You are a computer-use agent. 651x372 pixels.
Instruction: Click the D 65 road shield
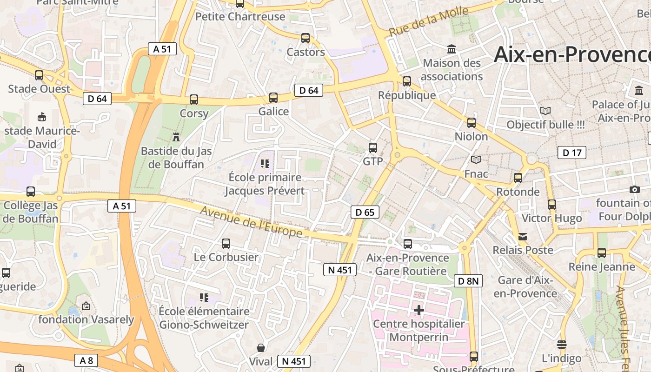[x=365, y=213]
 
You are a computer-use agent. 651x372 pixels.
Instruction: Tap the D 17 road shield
[x=571, y=153]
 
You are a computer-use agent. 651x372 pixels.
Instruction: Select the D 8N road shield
[x=468, y=281]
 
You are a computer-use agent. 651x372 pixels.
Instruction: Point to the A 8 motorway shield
[x=86, y=360]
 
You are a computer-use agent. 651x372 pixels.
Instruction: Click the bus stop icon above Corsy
[x=194, y=99]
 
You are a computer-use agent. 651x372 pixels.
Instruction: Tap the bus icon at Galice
[x=273, y=98]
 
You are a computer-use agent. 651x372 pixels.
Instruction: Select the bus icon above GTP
[x=373, y=148]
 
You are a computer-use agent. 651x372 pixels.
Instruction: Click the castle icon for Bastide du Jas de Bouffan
[x=176, y=137]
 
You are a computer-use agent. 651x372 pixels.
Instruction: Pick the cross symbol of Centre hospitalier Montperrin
[x=419, y=310]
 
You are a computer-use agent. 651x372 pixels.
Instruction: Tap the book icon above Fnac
[x=476, y=160]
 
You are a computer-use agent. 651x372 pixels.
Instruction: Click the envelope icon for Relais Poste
[x=523, y=236]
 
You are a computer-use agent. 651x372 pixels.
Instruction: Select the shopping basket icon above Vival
[x=261, y=348]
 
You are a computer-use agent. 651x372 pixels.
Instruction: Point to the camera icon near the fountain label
[x=634, y=189]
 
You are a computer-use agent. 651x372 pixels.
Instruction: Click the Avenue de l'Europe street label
[x=252, y=222]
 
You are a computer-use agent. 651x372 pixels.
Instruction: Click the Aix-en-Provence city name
[x=572, y=54]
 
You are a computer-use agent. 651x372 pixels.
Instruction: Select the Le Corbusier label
[x=226, y=257]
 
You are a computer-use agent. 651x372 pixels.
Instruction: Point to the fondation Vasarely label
[x=86, y=319]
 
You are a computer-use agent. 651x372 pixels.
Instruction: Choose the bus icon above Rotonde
[x=518, y=178]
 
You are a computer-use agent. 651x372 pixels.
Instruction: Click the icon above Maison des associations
[x=452, y=49]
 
